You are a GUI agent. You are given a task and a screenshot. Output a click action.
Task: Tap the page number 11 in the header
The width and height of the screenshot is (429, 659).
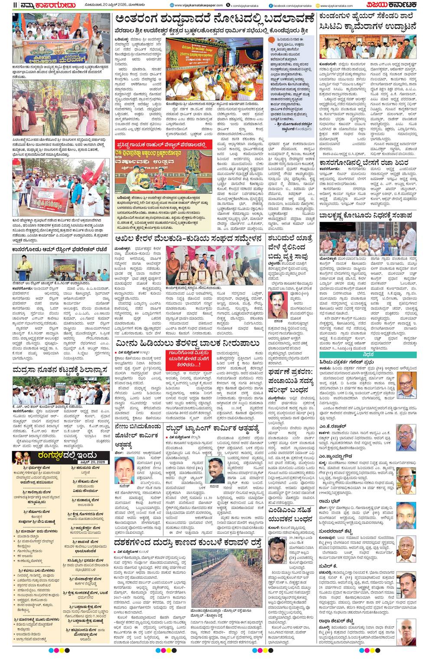click(15, 5)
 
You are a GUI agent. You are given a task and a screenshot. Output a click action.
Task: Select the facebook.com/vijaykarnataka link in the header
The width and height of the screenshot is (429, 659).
click(290, 6)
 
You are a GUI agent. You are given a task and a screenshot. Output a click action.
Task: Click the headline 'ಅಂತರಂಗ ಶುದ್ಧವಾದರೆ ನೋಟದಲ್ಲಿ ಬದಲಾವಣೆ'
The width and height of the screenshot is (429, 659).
click(214, 20)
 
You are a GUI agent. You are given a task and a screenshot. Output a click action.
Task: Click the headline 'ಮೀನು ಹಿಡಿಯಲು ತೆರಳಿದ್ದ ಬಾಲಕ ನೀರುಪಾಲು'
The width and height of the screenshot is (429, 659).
click(187, 344)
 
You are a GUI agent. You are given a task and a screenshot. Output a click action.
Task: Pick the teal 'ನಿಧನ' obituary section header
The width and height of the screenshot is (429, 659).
click(368, 354)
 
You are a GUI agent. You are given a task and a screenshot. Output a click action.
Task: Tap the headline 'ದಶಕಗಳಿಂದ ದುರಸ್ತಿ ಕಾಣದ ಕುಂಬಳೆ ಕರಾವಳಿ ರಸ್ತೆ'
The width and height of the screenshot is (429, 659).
click(188, 542)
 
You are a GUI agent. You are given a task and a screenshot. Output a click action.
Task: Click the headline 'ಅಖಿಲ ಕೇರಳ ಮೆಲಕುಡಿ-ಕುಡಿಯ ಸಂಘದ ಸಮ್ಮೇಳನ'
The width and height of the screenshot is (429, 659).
click(188, 239)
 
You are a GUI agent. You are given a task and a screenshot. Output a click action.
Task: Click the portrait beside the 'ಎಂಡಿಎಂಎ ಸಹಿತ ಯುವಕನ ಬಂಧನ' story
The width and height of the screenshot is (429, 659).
click(277, 550)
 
